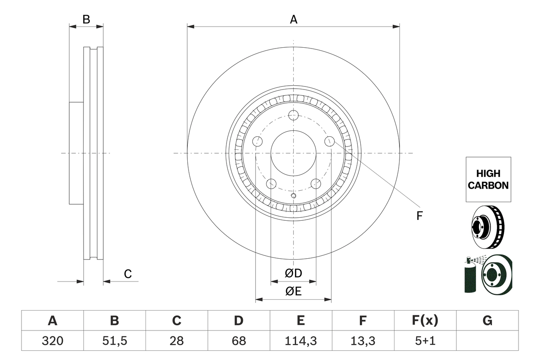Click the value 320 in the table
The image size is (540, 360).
tap(52, 341)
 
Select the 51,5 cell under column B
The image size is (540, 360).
tap(114, 341)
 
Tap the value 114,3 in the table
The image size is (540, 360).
tap(300, 341)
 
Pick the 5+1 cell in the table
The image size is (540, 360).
tap(425, 341)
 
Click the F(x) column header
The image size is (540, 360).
tap(425, 321)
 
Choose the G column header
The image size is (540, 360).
tap(487, 321)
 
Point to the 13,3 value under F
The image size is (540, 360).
tap(362, 341)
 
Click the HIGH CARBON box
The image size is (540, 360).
tap(488, 179)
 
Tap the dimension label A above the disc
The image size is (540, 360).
tap(293, 19)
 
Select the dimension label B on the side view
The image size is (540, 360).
tap(86, 19)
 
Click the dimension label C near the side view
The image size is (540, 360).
tap(128, 274)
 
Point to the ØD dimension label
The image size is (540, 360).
tap(293, 273)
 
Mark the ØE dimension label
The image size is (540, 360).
tap(293, 292)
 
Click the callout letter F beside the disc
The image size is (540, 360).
tap(419, 216)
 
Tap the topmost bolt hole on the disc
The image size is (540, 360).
tap(293, 115)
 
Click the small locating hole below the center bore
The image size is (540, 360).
tap(294, 195)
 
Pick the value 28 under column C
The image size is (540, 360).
tap(176, 341)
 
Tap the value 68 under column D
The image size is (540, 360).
tap(238, 341)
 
